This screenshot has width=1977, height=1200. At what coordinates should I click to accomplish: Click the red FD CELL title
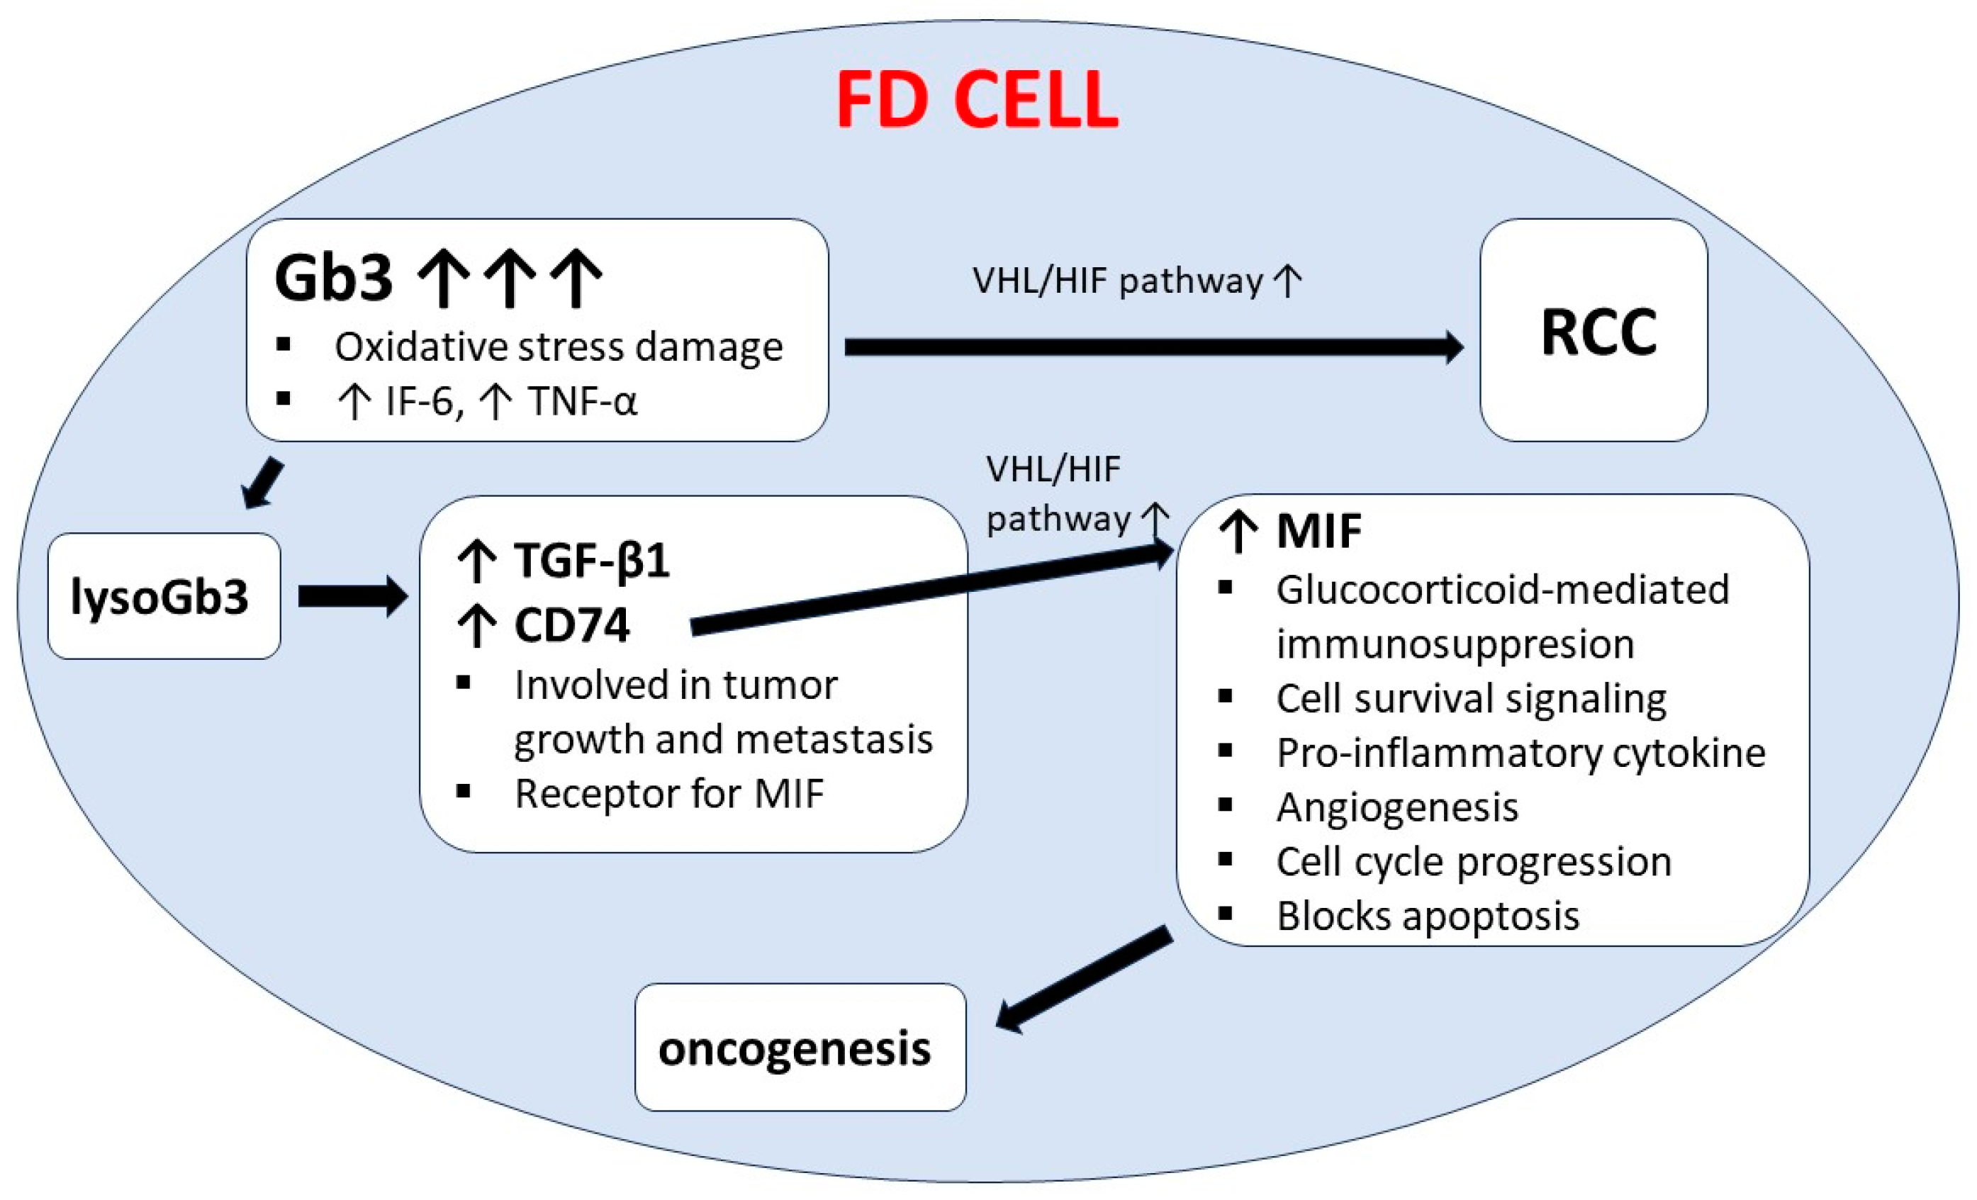point(977,99)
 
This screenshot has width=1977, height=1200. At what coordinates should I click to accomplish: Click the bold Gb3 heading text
point(333,279)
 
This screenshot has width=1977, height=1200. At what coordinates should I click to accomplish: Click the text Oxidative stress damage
point(559,347)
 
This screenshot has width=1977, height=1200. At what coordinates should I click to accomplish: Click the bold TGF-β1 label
point(591,560)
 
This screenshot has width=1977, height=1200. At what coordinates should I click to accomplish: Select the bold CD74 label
point(571,626)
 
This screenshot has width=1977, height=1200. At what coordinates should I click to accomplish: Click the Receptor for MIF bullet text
point(669,794)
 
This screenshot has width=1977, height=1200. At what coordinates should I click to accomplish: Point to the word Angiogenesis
point(1397,807)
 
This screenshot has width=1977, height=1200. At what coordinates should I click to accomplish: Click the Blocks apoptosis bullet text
point(1428,916)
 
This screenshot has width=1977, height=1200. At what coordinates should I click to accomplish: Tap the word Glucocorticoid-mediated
point(1502,590)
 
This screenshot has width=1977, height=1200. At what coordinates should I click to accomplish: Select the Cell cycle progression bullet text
point(1474,861)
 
